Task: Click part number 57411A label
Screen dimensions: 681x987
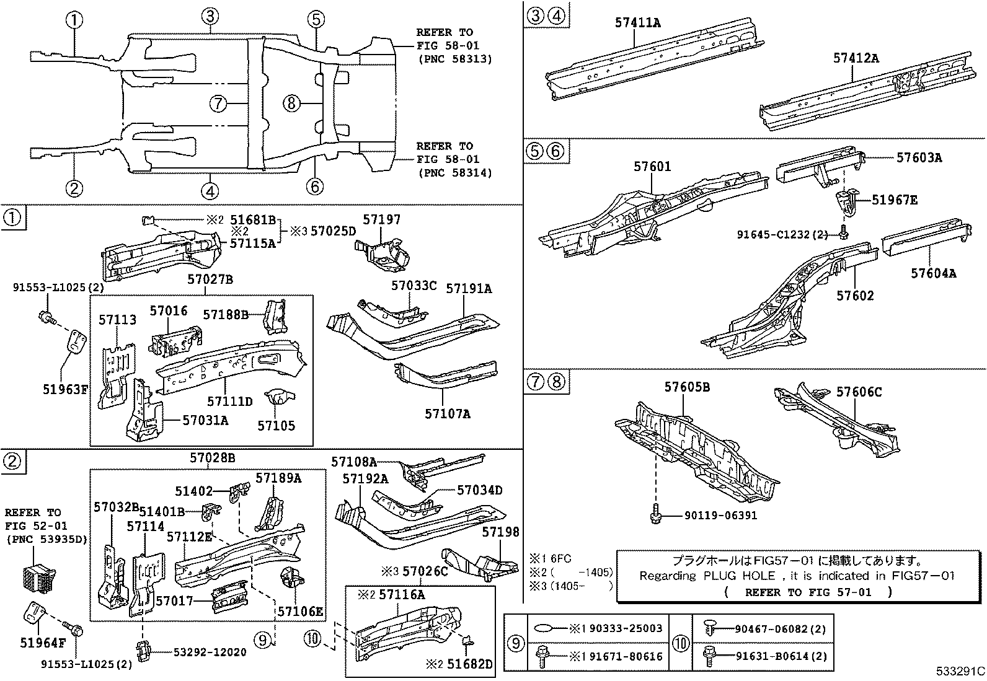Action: coord(637,23)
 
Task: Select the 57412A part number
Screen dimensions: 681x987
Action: coord(856,58)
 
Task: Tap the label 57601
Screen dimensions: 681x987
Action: coord(652,167)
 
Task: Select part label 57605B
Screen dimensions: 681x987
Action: coord(687,387)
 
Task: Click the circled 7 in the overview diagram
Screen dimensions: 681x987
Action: coord(218,103)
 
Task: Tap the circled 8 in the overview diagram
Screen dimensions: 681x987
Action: coord(292,103)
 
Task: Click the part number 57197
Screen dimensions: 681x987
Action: coord(382,219)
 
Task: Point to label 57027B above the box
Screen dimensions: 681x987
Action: coord(210,280)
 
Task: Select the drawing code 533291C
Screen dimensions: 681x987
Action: coord(960,671)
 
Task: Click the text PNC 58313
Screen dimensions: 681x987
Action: coord(454,59)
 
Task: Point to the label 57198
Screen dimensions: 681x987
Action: coord(501,532)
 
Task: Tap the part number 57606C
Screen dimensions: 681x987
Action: coord(859,392)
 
